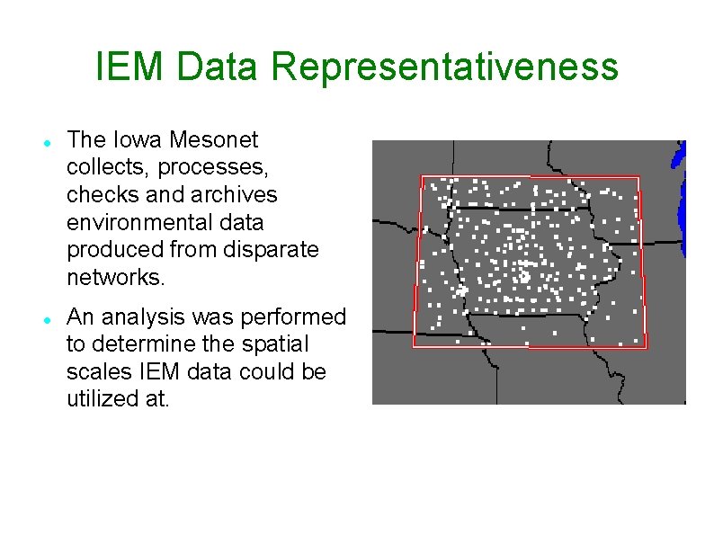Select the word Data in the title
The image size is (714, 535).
[218, 67]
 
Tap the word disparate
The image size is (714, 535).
[279, 249]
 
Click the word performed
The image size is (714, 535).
[293, 317]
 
